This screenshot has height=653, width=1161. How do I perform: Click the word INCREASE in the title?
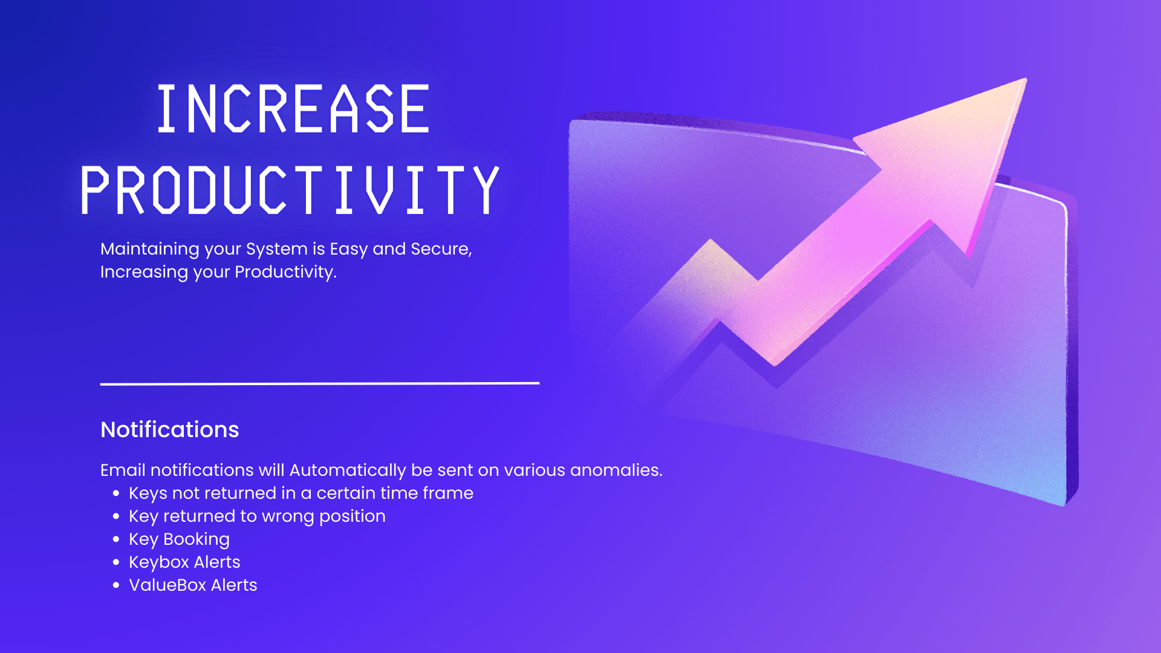pyautogui.click(x=293, y=108)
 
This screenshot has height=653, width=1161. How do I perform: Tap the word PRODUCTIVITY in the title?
pyautogui.click(x=290, y=190)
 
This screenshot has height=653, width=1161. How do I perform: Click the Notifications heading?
pyautogui.click(x=170, y=429)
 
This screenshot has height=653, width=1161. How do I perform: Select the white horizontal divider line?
pyautogui.click(x=320, y=383)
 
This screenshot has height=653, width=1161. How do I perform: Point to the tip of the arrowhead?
pyautogui.click(x=1026, y=79)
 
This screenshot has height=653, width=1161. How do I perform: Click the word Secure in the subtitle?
pyautogui.click(x=441, y=249)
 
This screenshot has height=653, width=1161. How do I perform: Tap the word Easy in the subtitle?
pyautogui.click(x=348, y=250)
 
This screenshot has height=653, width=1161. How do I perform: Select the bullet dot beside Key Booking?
pyautogui.click(x=116, y=539)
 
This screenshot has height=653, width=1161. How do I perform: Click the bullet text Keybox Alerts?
pyautogui.click(x=184, y=562)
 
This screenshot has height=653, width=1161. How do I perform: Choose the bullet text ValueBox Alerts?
pyautogui.click(x=193, y=585)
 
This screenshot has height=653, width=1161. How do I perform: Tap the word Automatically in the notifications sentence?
pyautogui.click(x=348, y=470)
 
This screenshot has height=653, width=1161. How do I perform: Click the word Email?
pyautogui.click(x=123, y=470)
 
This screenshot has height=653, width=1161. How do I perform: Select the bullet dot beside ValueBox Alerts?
pyautogui.click(x=116, y=585)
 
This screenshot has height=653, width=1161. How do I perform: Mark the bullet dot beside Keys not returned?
pyautogui.click(x=116, y=493)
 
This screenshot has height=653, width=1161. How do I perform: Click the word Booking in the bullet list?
pyautogui.click(x=197, y=539)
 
